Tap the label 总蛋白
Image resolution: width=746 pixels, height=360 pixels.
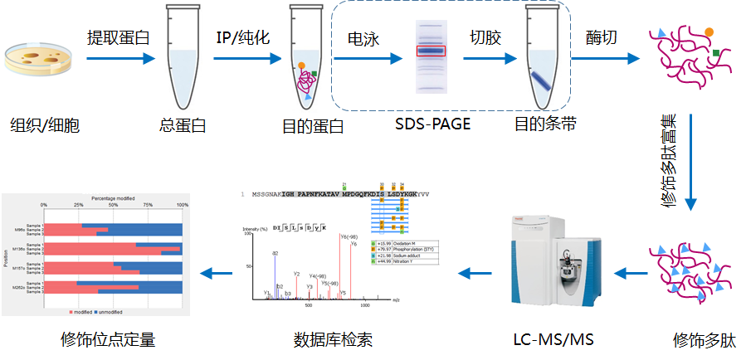click(x=182, y=126)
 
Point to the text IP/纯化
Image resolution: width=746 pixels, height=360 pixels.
click(x=243, y=38)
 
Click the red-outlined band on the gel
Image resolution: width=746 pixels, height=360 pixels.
click(x=431, y=51)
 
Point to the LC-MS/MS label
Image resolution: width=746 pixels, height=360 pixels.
click(x=553, y=339)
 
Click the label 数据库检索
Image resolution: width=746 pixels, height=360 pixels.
click(x=333, y=339)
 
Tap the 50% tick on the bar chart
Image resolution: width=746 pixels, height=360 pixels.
click(x=113, y=205)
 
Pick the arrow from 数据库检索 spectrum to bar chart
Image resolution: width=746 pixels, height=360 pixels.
click(x=219, y=271)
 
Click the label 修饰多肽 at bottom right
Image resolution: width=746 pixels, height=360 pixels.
click(x=704, y=339)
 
